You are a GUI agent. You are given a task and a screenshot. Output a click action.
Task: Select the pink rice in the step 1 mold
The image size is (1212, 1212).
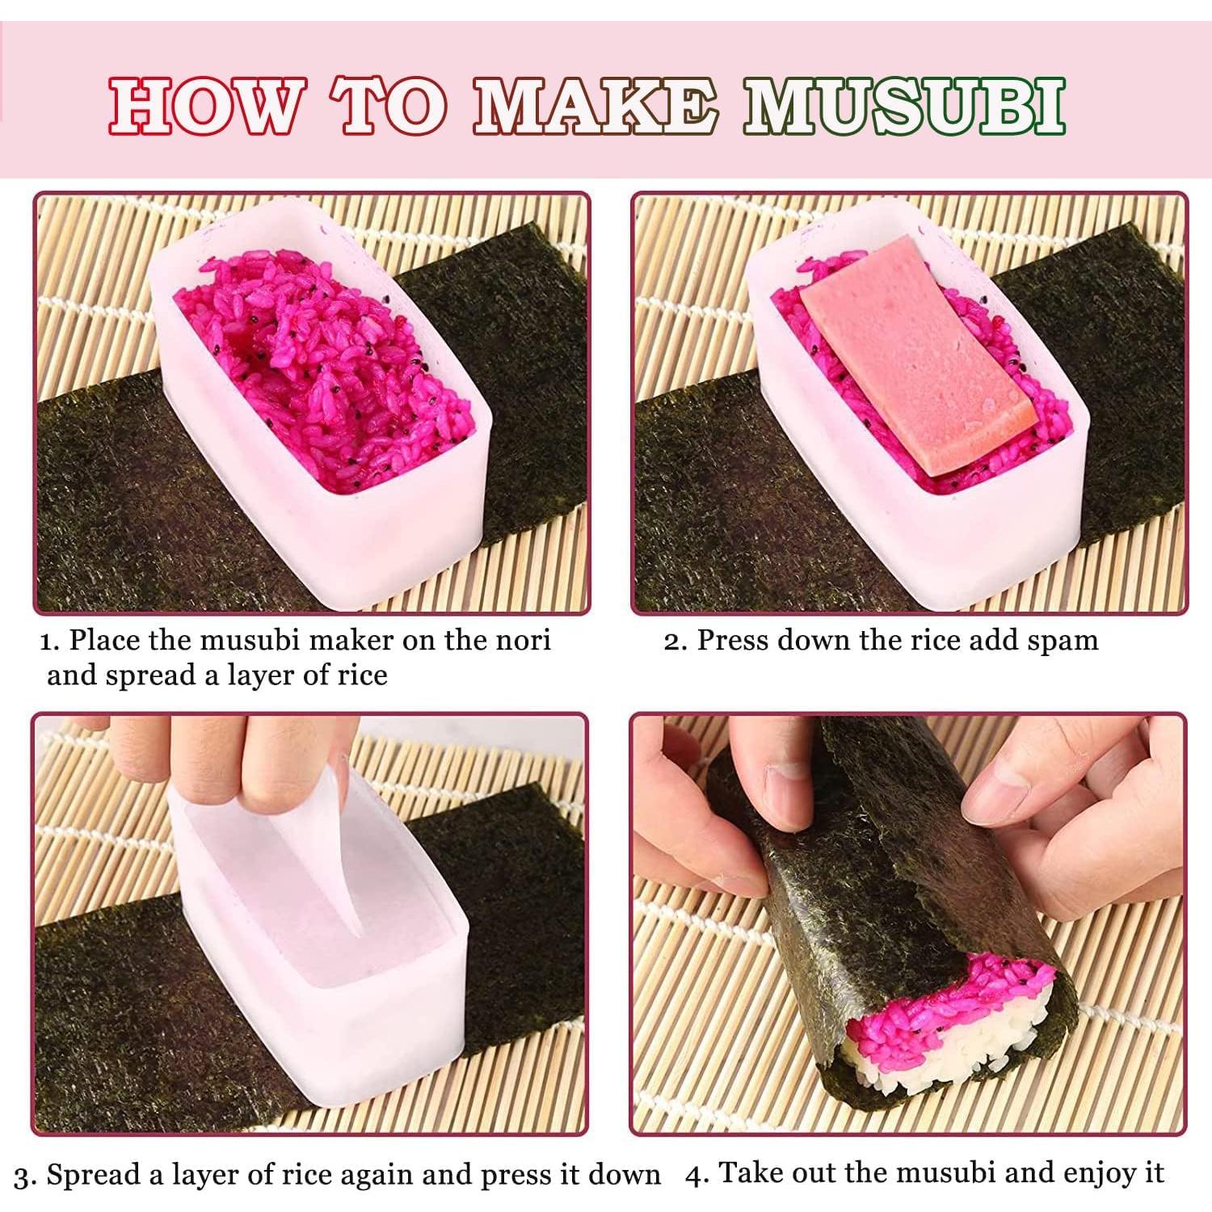click(x=323, y=364)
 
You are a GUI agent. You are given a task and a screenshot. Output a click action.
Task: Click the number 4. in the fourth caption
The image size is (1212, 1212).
click(x=696, y=1176)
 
